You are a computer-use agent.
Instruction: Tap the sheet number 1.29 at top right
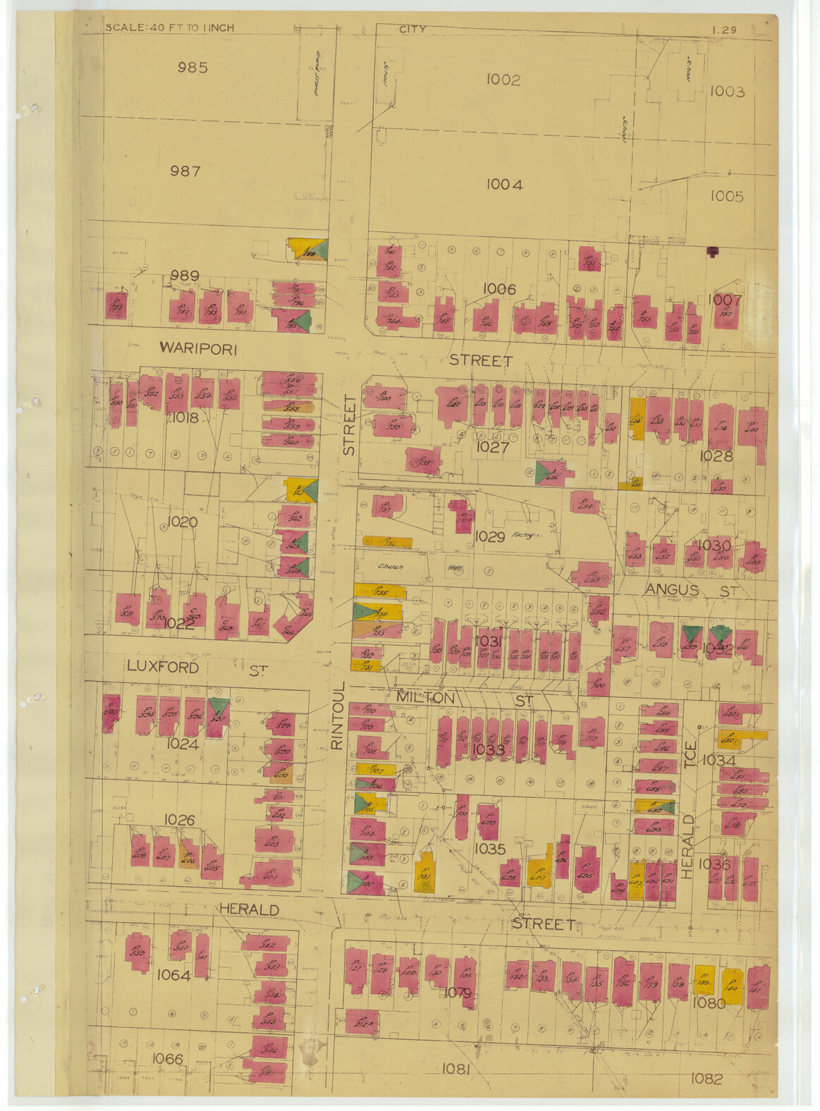click(x=724, y=30)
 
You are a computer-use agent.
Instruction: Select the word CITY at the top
click(x=412, y=29)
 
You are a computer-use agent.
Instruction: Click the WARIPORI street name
click(x=198, y=348)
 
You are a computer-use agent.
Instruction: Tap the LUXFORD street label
click(x=163, y=667)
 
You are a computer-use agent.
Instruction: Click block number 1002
click(x=503, y=80)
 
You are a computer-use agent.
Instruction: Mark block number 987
click(x=185, y=171)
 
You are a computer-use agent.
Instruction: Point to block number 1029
click(x=489, y=536)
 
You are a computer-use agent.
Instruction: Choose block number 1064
click(x=173, y=975)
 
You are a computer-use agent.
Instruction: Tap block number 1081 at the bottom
click(x=455, y=1069)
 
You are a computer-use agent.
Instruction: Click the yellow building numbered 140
click(x=731, y=986)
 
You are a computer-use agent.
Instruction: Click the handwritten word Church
click(x=388, y=566)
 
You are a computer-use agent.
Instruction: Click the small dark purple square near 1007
click(x=713, y=250)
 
